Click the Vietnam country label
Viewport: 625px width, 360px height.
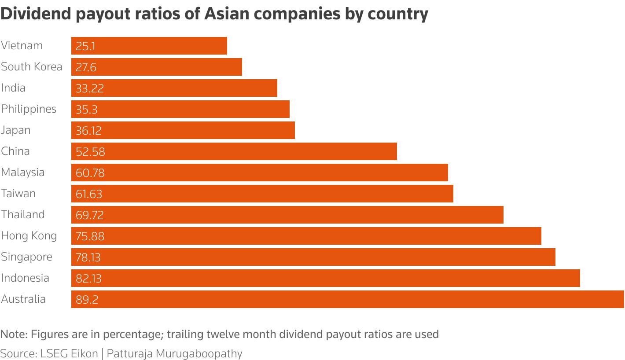tap(22, 46)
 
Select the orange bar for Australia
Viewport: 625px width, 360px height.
tap(348, 299)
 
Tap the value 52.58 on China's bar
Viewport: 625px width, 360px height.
tap(90, 151)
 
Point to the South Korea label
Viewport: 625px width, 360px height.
tap(32, 67)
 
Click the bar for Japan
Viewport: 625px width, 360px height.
tap(183, 130)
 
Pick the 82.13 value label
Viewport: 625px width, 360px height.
tap(88, 278)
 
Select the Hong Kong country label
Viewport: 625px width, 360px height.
tap(29, 236)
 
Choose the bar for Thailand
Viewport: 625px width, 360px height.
tap(287, 215)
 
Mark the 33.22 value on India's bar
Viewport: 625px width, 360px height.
tap(90, 88)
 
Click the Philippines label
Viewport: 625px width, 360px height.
tap(29, 109)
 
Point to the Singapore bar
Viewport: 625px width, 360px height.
tap(313, 257)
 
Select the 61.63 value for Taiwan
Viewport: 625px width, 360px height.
tap(89, 194)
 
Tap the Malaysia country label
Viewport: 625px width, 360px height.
tap(23, 173)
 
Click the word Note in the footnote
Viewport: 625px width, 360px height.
tap(14, 334)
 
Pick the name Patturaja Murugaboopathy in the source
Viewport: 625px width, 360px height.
tap(174, 353)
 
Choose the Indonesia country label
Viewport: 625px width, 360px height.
tap(25, 278)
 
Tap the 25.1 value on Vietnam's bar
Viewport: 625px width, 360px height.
tap(85, 46)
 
